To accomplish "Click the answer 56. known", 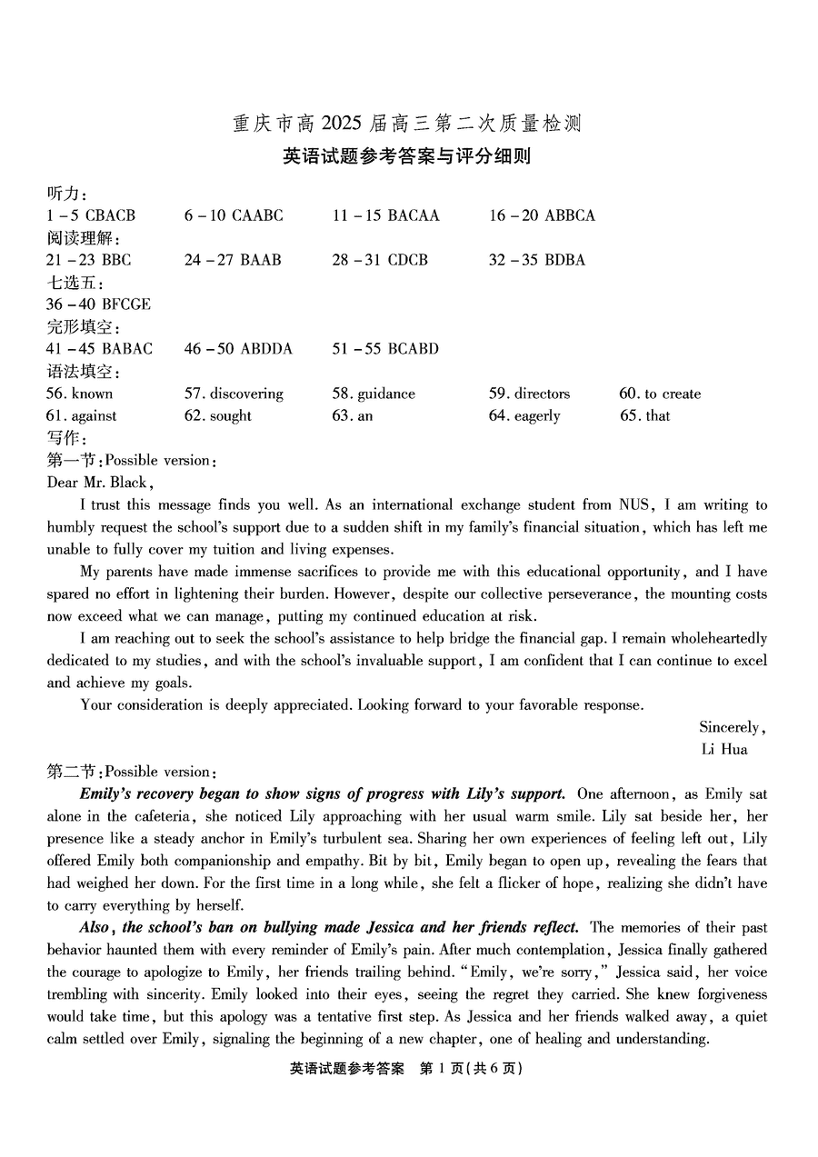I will [80, 394].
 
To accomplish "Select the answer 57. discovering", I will [234, 394].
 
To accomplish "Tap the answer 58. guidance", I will [374, 394].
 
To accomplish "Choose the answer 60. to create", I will [660, 394].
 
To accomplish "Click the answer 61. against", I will [82, 415].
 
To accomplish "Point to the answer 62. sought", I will [218, 415].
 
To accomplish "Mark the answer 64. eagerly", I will [524, 415].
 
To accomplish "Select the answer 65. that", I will [644, 415].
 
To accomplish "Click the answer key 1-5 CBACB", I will [91, 215].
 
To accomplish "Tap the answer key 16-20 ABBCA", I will [542, 215].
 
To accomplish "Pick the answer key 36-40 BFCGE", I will [98, 304].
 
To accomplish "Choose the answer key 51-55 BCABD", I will [385, 348].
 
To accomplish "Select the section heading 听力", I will [65, 194].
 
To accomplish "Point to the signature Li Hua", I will [724, 749].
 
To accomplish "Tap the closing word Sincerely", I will [731, 727].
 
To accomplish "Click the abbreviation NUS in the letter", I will [636, 505].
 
